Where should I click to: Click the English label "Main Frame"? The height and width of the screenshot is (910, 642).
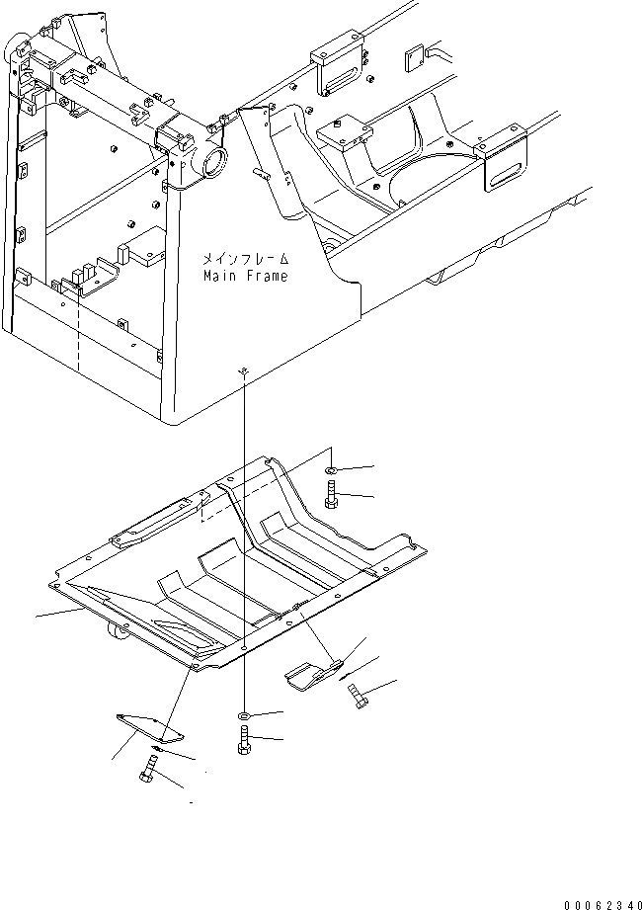(x=245, y=277)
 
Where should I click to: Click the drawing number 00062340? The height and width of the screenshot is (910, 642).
(x=602, y=903)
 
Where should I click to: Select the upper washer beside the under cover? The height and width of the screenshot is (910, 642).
(x=333, y=467)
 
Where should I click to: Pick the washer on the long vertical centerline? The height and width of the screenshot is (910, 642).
(x=244, y=713)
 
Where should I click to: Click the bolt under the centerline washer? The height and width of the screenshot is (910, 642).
(x=244, y=740)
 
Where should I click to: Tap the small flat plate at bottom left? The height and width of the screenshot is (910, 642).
(x=149, y=726)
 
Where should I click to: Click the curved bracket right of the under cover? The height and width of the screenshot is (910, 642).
(x=313, y=673)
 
